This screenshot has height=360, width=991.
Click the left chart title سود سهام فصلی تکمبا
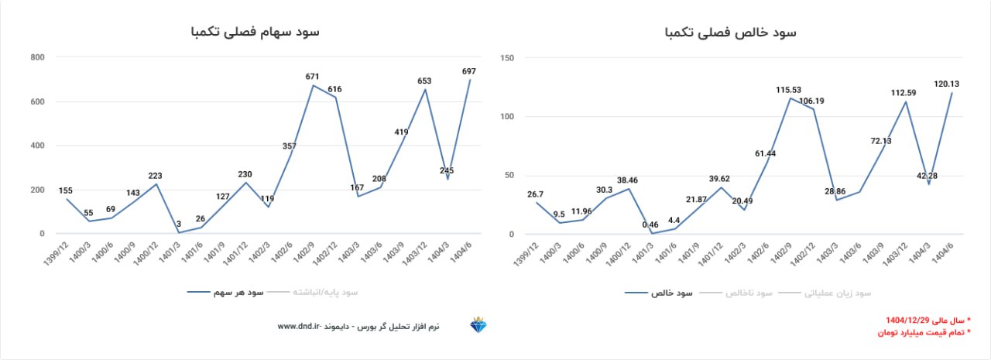point(255,32)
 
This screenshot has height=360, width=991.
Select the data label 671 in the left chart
point(313,77)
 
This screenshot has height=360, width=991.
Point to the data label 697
point(468,71)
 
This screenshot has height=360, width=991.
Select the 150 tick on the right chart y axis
point(508,58)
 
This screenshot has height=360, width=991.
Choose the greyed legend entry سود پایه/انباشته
point(325,293)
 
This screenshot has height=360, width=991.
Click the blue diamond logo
point(478,326)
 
